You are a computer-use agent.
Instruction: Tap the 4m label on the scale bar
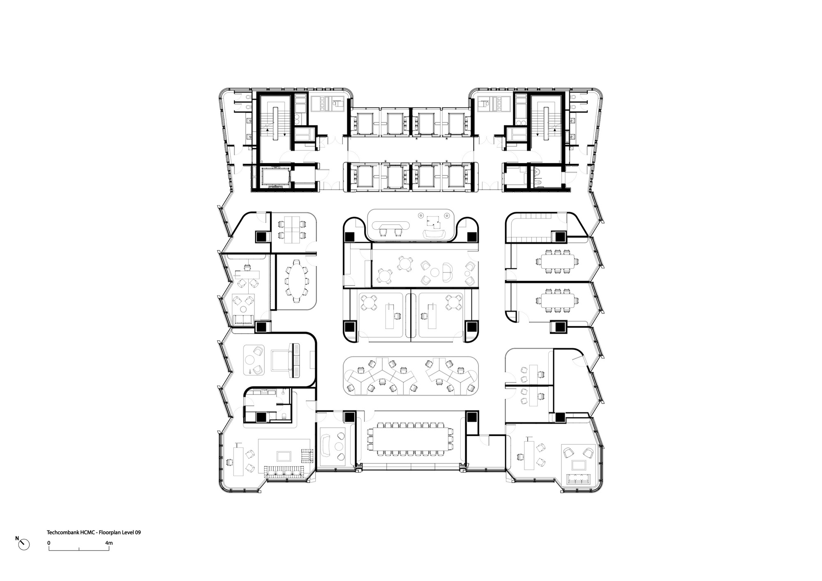109,543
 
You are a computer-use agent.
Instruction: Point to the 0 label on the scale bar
49,543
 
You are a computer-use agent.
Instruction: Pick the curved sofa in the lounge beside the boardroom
327,446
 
